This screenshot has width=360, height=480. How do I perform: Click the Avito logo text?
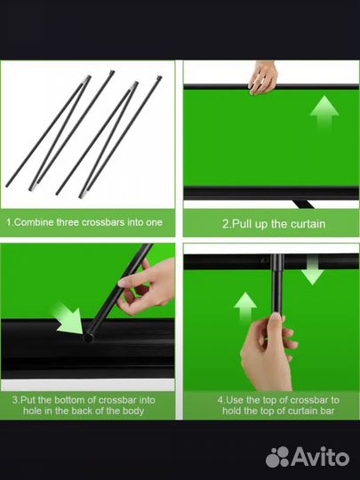[321, 458]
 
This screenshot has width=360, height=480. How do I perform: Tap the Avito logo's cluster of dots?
[277, 457]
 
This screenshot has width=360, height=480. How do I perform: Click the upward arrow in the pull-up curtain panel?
[324, 113]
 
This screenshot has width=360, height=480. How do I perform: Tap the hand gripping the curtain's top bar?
[262, 77]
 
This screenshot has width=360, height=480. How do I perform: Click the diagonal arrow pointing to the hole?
[68, 318]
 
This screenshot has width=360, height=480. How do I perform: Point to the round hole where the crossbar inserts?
[88, 338]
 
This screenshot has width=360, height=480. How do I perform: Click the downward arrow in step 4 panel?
[312, 271]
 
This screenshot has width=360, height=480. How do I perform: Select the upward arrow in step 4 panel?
[245, 308]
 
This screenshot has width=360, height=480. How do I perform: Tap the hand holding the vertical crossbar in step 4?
[268, 352]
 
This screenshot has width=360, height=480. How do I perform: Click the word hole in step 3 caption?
[33, 411]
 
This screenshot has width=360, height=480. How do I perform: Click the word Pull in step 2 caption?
[242, 224]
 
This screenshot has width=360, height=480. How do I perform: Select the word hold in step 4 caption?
[232, 411]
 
